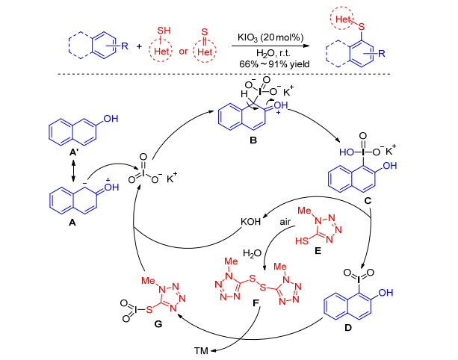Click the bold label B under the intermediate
[253, 140]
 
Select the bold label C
[368, 201]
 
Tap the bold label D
[348, 328]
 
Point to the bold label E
[318, 250]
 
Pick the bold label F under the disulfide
[256, 303]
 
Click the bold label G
[158, 324]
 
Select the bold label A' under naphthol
[73, 152]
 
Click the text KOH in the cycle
[250, 221]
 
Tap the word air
[285, 222]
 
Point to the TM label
[201, 350]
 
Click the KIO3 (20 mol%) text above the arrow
[270, 37]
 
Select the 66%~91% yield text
[274, 64]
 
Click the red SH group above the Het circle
[164, 31]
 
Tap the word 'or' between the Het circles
[183, 52]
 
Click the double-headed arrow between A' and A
[73, 170]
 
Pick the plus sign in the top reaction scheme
[139, 46]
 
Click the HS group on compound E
[302, 241]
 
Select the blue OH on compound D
[386, 292]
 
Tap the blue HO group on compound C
[347, 152]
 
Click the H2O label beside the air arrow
[252, 253]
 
